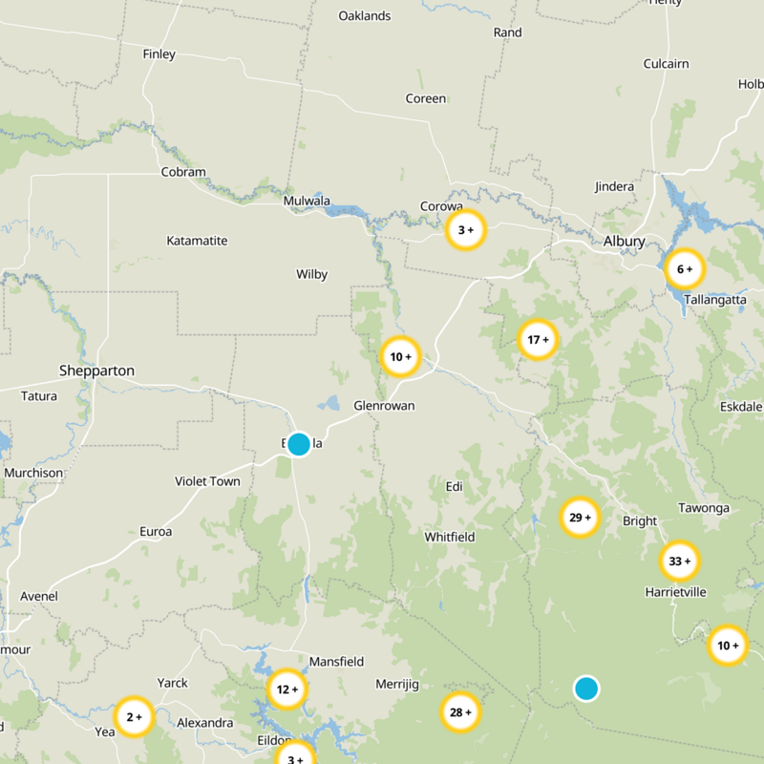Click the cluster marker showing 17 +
538,339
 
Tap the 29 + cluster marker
580,518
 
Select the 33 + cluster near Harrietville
680,561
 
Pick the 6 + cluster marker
684,269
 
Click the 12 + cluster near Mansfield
286,689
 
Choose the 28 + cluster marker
460,711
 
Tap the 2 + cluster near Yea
135,716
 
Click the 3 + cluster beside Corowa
466,230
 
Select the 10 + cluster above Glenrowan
400,357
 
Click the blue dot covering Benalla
299,444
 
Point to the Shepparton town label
96,371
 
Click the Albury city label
625,242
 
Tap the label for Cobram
183,173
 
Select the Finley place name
159,54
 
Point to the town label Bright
640,521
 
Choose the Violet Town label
207,481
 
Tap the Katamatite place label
197,241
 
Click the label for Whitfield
450,538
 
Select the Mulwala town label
307,202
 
